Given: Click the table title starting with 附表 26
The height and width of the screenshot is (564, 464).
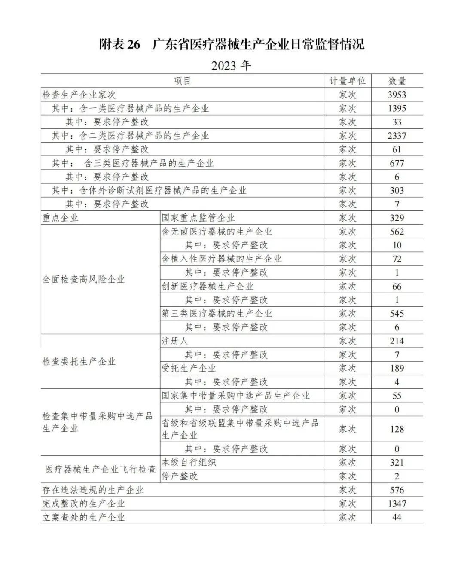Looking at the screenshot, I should [x=232, y=44].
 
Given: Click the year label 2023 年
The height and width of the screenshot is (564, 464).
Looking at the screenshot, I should [x=231, y=66].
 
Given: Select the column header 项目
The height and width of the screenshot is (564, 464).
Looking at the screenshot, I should [x=182, y=81].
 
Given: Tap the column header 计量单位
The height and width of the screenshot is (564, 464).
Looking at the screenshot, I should [x=347, y=81].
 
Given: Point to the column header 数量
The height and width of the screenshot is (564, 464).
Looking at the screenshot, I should [x=397, y=81].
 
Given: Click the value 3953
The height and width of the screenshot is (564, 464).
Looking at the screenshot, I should [x=397, y=95].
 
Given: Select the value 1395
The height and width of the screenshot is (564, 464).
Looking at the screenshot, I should [x=397, y=108].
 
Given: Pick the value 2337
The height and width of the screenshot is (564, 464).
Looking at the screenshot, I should [x=397, y=136].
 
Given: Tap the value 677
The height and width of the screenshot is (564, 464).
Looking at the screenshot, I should [x=397, y=163].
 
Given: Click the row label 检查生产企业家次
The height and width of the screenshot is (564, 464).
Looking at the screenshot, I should [x=79, y=95].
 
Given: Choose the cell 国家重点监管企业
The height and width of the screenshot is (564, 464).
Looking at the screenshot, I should [x=198, y=218].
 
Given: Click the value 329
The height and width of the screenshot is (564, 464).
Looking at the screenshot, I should [x=397, y=218].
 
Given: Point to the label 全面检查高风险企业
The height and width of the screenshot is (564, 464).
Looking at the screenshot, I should [x=83, y=279].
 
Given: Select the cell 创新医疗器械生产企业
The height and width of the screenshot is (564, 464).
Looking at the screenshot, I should [x=208, y=286].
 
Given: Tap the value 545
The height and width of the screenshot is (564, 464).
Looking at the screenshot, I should [x=397, y=314].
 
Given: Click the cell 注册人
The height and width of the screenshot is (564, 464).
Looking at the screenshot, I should [x=174, y=341].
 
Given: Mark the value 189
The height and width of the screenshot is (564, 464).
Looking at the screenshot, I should [x=397, y=368].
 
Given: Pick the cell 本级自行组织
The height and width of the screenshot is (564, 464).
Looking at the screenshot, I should [x=189, y=463].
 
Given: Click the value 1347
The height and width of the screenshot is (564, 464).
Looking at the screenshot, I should [x=397, y=503].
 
